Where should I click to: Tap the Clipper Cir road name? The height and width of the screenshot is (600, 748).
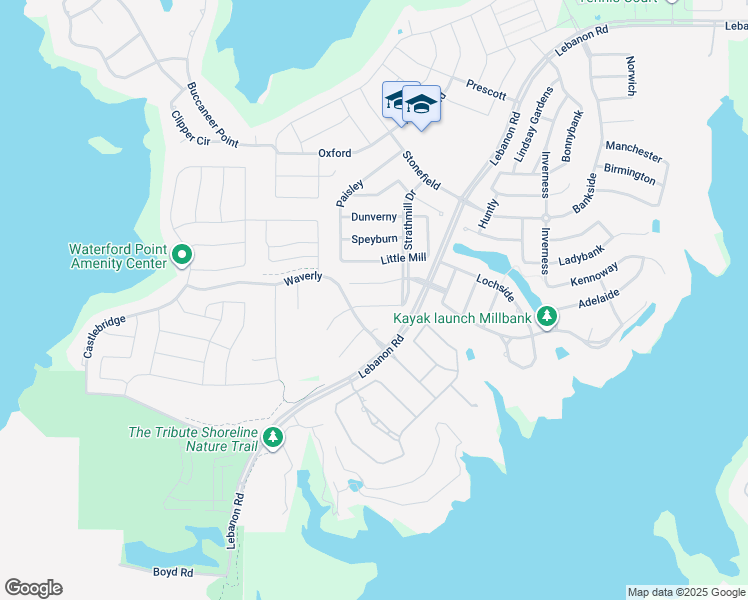click(x=190, y=128)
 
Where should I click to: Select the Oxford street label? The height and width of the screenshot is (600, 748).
click(x=335, y=153)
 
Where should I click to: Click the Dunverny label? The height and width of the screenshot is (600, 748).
click(x=374, y=217)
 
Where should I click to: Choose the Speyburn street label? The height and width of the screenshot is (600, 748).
click(x=374, y=239)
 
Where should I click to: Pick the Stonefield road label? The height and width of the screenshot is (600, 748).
click(x=421, y=171)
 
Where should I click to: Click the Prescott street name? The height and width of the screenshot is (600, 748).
click(x=485, y=90)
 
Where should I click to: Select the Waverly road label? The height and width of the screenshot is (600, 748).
click(x=302, y=276)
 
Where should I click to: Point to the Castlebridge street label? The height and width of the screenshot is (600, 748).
click(x=104, y=337)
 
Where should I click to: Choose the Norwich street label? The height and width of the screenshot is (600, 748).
click(x=630, y=76)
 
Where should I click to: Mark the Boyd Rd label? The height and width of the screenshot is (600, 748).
click(x=173, y=572)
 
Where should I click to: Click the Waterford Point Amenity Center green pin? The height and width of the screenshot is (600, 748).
click(x=182, y=256)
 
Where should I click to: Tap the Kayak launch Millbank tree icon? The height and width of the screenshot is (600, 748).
click(x=546, y=318)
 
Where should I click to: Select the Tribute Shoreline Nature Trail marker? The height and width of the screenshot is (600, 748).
click(x=272, y=437)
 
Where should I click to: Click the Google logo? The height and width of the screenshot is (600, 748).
click(x=33, y=588)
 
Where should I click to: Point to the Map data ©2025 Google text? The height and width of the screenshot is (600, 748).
click(x=685, y=592)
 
